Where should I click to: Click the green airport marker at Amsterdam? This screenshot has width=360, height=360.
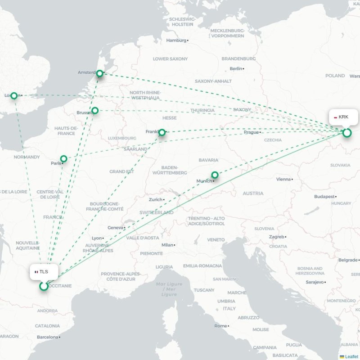pyautogui.click(x=100, y=73)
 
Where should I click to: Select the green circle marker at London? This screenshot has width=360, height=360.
pyautogui.click(x=14, y=95)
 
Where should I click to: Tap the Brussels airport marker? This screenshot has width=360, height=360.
pyautogui.click(x=95, y=110)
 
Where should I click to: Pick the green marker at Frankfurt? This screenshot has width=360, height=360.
pyautogui.click(x=162, y=132)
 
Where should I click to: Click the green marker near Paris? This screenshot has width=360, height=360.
pyautogui.click(x=64, y=158)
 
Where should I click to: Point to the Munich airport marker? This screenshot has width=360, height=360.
pyautogui.click(x=215, y=175)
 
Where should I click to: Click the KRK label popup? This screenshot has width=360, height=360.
pyautogui.click(x=343, y=117)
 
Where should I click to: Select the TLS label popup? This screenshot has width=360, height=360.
pyautogui.click(x=43, y=271)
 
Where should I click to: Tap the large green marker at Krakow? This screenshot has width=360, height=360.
pyautogui.click(x=346, y=133)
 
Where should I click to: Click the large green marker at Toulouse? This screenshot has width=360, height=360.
pyautogui.click(x=44, y=286)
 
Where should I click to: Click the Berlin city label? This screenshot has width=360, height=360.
pyautogui.click(x=236, y=68)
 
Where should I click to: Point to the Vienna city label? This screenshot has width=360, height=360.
pyautogui.click(x=283, y=179)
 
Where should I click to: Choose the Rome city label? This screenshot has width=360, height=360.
pyautogui.click(x=220, y=326)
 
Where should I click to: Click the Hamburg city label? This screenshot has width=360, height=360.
pyautogui.click(x=176, y=40)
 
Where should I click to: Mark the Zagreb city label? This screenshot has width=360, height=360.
pyautogui.click(x=277, y=237)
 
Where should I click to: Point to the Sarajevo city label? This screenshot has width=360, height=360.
pyautogui.click(x=315, y=282)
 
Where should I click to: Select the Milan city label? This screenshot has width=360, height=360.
pyautogui.click(x=167, y=245)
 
